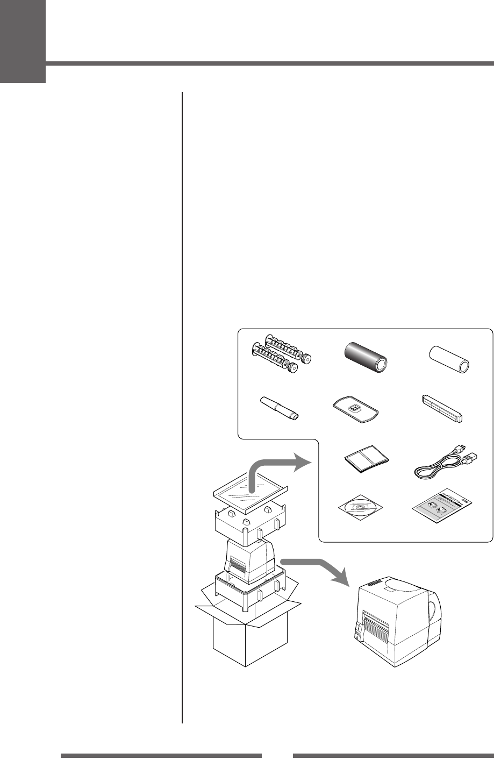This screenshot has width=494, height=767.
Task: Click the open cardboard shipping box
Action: [250, 629]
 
